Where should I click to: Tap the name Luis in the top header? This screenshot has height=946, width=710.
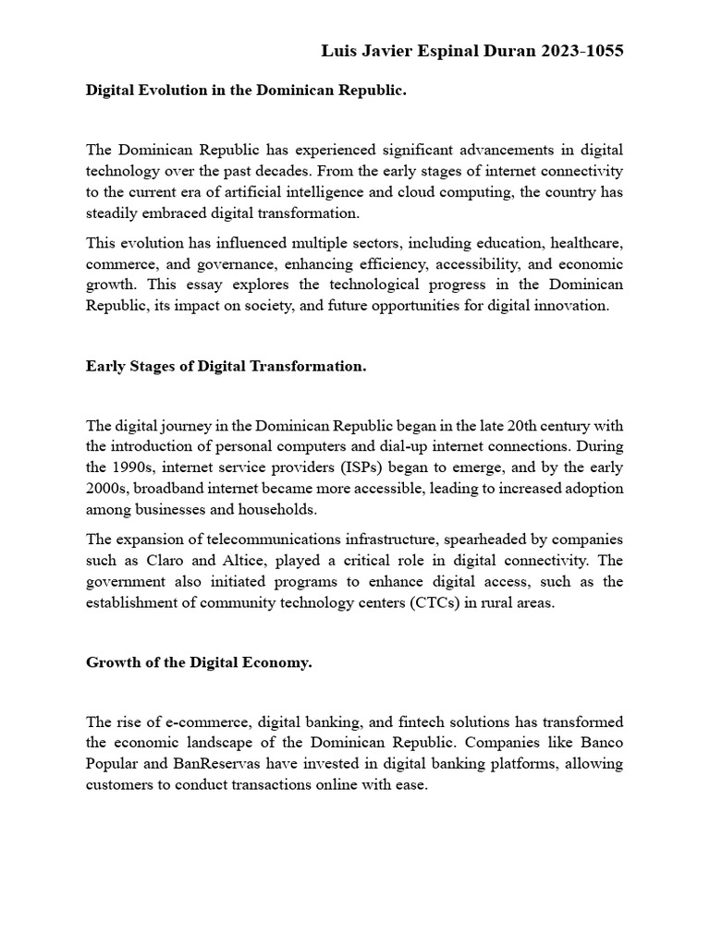pyautogui.click(x=338, y=51)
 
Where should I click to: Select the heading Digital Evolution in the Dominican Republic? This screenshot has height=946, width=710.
pyautogui.click(x=246, y=91)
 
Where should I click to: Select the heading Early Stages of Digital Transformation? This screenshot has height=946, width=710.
pyautogui.click(x=226, y=366)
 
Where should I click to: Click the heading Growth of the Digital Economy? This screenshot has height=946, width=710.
pyautogui.click(x=199, y=662)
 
